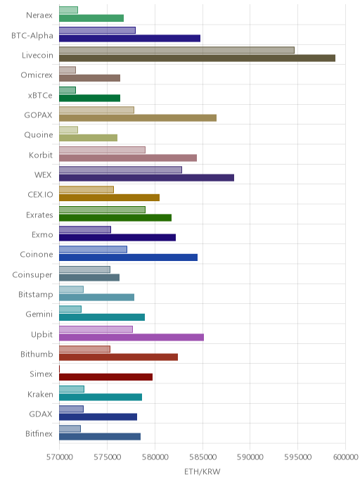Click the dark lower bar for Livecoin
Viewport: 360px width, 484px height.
pos(197,58)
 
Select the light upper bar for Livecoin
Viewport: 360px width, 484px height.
pos(176,51)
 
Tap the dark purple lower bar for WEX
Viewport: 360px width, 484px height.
pos(146,178)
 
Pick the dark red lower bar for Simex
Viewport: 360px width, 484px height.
pos(105,377)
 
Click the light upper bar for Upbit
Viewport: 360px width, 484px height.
pos(96,329)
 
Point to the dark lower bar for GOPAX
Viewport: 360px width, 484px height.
pos(138,118)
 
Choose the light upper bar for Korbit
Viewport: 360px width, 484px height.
pos(102,150)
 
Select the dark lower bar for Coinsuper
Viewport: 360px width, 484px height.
pos(89,277)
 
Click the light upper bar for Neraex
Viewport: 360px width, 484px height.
pos(68,10)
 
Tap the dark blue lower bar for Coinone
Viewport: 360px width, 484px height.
pos(129,257)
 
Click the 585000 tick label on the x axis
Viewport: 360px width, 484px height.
pos(202,457)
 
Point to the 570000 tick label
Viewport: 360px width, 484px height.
pos(60,457)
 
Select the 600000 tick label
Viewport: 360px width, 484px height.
pos(345,457)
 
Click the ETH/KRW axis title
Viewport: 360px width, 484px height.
pos(202,471)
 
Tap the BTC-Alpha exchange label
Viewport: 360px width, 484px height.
pos(32,36)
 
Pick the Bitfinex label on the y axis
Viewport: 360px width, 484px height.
pos(39,433)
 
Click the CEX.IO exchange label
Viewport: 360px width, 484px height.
pos(40,195)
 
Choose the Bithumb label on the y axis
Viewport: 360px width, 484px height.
pos(37,354)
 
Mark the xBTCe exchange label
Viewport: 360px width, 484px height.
pos(40,96)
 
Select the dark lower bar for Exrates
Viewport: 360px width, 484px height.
pos(115,217)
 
